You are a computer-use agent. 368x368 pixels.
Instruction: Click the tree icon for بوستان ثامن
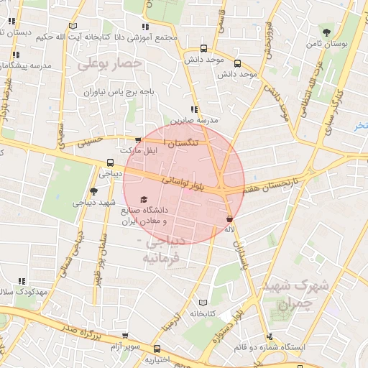(x=327, y=32)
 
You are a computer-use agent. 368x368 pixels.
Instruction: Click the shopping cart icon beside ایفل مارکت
(x=139, y=140)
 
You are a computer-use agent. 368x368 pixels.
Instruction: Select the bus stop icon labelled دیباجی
(x=110, y=162)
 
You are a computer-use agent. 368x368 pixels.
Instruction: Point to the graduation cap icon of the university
(x=144, y=199)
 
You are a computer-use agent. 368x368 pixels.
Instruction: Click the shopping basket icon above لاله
(x=229, y=218)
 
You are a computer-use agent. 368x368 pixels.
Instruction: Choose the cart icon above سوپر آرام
(x=126, y=335)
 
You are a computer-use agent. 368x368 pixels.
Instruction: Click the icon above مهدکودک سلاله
(x=22, y=281)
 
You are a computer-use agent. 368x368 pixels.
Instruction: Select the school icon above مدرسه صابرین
(x=195, y=110)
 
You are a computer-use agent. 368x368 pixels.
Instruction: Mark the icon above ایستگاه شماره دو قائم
(x=270, y=336)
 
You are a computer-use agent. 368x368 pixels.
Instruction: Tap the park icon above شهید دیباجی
(x=93, y=191)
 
